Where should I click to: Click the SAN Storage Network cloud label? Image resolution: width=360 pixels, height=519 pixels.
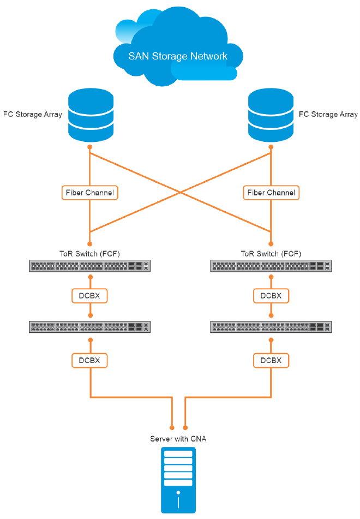[177, 56]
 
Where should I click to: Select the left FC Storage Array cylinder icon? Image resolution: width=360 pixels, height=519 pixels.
[90, 116]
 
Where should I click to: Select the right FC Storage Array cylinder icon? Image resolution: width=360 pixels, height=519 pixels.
[271, 116]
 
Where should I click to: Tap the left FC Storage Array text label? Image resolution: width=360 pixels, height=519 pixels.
[32, 115]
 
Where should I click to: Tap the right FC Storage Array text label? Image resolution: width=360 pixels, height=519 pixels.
[328, 115]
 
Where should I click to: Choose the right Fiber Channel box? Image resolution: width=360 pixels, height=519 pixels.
[271, 193]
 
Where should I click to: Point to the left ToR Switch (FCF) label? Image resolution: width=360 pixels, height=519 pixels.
[90, 254]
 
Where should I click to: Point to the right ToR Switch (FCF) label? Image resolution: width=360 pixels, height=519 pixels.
[271, 254]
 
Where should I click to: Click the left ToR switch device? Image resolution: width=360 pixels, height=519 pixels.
[90, 266]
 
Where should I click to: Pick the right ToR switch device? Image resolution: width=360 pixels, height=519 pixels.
[271, 266]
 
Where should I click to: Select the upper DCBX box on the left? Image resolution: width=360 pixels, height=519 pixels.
[90, 296]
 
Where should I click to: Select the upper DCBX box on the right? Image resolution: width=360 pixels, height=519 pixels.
[271, 296]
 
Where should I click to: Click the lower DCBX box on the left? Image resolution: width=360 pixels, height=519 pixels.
[90, 360]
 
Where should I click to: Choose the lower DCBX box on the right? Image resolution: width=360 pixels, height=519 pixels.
[271, 360]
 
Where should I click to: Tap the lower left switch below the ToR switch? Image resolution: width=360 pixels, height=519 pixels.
[90, 327]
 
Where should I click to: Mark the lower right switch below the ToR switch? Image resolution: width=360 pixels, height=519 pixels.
[271, 327]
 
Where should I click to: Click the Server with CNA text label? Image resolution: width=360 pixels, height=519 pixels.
[178, 439]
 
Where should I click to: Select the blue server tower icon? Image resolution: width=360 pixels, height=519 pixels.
[178, 480]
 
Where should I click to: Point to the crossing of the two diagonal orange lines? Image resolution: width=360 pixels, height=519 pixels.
[181, 191]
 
